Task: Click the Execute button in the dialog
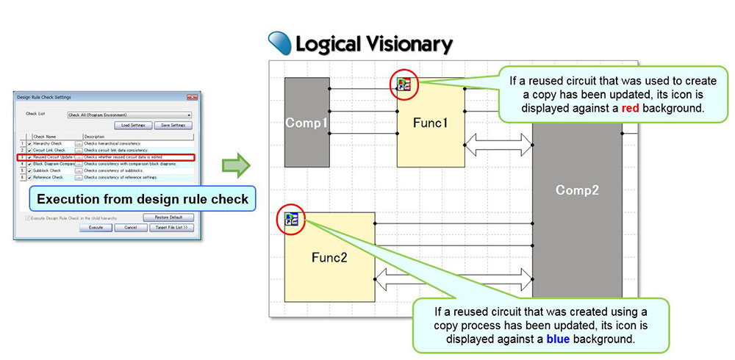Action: [x=96, y=228]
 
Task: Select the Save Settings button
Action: [x=173, y=126]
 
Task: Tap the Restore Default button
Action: [x=168, y=217]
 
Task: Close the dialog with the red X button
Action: [x=193, y=97]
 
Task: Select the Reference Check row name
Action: [x=49, y=177]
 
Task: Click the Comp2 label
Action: [x=577, y=190]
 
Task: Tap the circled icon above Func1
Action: [x=404, y=85]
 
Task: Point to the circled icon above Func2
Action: [x=291, y=218]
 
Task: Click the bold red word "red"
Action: [x=630, y=108]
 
